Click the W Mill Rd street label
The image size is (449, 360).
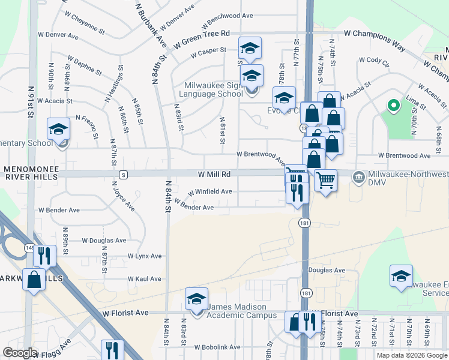point(214,174)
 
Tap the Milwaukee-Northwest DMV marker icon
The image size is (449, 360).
point(359,178)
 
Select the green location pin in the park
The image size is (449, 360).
point(393,106)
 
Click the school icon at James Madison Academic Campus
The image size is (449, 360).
point(196,300)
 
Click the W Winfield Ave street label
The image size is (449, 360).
point(209,192)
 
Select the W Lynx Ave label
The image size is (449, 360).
point(145,256)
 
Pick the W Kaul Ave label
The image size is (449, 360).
point(145,279)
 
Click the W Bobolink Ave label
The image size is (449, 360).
point(217,347)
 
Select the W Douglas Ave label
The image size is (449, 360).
point(104,240)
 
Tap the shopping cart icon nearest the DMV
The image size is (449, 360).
point(325,179)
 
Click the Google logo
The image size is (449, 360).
point(20,353)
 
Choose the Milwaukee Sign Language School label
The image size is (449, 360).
point(214,90)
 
